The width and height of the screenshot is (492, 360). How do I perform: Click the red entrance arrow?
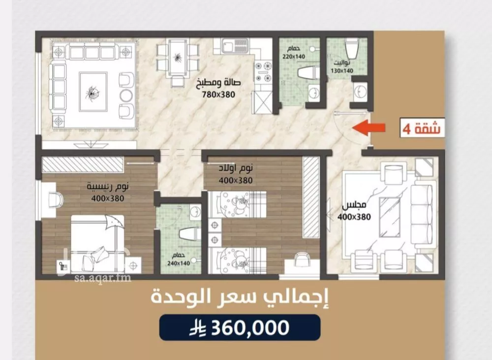pos(369,128)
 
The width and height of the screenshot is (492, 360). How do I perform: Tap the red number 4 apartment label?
pos(407,129)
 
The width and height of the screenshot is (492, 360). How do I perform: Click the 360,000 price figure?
pos(250,328)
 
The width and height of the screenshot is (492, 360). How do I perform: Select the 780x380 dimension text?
pos(218,94)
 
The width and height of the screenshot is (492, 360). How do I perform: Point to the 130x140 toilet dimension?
pos(342,71)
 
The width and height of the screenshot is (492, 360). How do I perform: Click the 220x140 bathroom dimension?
pos(294,57)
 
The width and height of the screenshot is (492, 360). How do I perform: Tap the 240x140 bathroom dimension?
pos(179,263)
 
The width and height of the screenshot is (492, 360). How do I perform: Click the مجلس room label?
pos(354,205)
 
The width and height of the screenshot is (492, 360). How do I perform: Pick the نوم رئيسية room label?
pos(108,187)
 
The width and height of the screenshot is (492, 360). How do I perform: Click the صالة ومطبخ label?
pos(218,83)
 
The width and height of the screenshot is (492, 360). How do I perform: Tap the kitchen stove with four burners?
pos(263,71)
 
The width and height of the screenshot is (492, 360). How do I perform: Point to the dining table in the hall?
pos(178,59)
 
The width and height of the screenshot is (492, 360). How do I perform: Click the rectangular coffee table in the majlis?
pos(390,217)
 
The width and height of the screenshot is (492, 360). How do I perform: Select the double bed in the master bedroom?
pos(97,244)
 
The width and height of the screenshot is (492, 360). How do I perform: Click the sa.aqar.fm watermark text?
pos(103,278)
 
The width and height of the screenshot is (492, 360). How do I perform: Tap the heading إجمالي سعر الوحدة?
pos(241,297)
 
